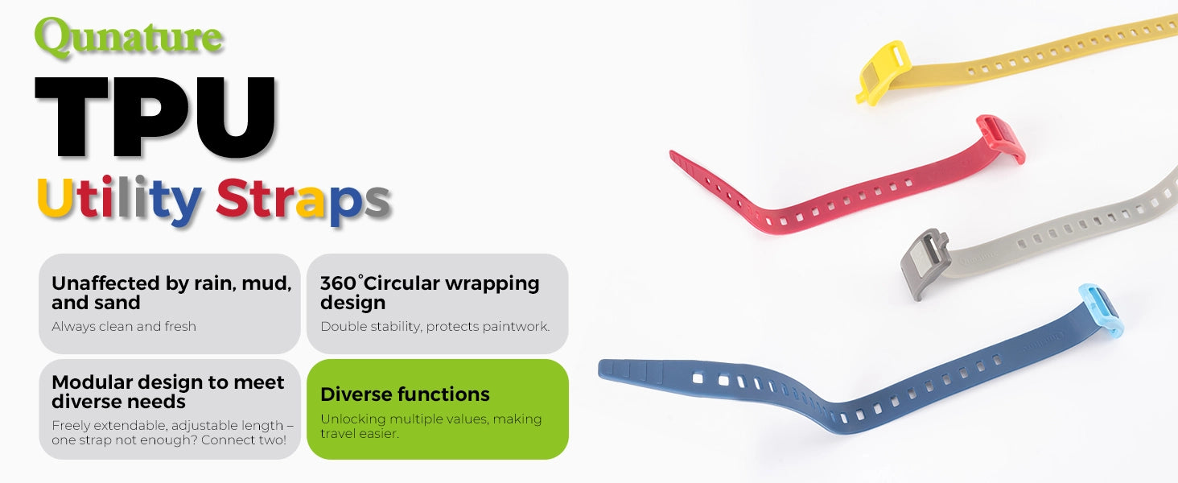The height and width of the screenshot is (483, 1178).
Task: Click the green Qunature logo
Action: coord(129,37)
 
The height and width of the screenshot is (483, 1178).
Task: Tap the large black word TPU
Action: coord(155,117)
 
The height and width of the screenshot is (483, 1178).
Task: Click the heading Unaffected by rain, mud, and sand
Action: coord(171,292)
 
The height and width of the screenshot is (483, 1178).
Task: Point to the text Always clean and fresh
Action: coord(124,326)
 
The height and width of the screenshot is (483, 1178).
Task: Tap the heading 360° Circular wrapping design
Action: coord(430,292)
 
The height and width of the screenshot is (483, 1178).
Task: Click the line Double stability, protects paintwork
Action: coord(435,326)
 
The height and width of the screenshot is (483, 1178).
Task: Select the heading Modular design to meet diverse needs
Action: coord(167,391)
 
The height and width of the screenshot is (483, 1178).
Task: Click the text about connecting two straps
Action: coord(172,432)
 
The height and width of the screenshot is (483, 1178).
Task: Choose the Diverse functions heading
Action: coord(405,394)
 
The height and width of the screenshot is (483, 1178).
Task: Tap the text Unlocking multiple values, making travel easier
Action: coord(430,426)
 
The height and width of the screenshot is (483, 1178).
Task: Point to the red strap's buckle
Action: coord(1001,138)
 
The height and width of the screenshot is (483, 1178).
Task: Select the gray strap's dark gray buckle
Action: coord(924,262)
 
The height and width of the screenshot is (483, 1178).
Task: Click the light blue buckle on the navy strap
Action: coord(1101,309)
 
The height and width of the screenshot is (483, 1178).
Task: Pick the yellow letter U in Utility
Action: coord(55,197)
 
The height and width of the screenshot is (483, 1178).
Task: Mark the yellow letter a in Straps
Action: coord(311,202)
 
